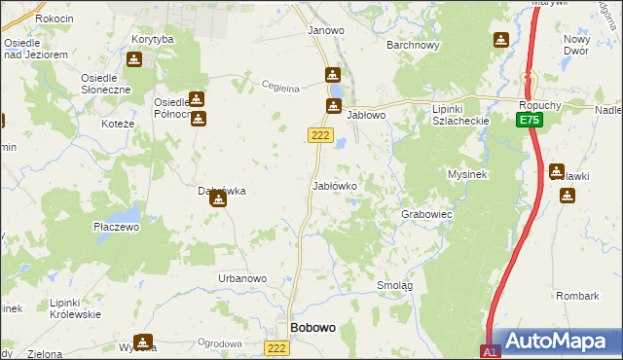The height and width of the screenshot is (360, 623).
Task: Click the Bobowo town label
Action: pyautogui.click(x=313, y=328)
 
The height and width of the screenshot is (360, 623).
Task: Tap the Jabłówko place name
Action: pyautogui.click(x=334, y=185)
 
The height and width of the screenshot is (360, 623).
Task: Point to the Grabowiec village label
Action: pyautogui.click(x=426, y=213)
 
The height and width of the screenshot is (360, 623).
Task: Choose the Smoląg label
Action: pyautogui.click(x=395, y=285)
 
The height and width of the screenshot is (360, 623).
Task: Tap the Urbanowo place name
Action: pyautogui.click(x=242, y=279)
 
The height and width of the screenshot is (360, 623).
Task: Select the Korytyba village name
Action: pyautogui.click(x=152, y=39)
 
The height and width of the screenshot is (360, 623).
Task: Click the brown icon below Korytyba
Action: pyautogui.click(x=134, y=58)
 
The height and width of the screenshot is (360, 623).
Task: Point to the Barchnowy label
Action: pyautogui.click(x=414, y=45)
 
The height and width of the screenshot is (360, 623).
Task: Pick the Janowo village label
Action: pyautogui.click(x=326, y=30)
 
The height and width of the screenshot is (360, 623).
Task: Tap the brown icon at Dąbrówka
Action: pyautogui.click(x=218, y=198)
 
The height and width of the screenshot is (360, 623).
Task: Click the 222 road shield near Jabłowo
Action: pyautogui.click(x=321, y=135)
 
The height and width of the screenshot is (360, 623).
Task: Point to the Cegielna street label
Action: pyautogui.click(x=279, y=87)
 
